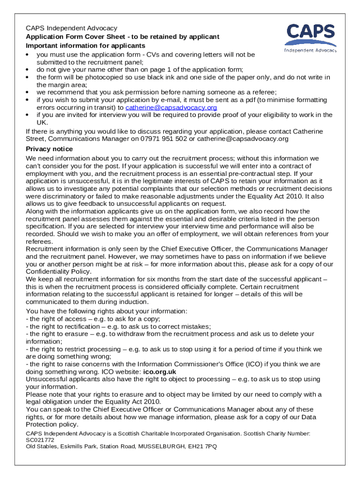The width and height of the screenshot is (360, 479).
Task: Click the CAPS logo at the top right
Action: coord(310,37)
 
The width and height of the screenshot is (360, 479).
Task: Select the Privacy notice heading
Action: coord(49,149)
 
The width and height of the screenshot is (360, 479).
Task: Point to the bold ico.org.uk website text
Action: coord(163,372)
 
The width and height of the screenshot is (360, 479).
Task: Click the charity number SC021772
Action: coord(40,440)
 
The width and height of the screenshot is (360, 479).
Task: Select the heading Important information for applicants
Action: coord(86,45)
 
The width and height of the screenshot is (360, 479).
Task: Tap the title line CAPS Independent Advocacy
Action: coord(72,29)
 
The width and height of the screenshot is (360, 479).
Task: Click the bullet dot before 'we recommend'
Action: coord(28,93)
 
